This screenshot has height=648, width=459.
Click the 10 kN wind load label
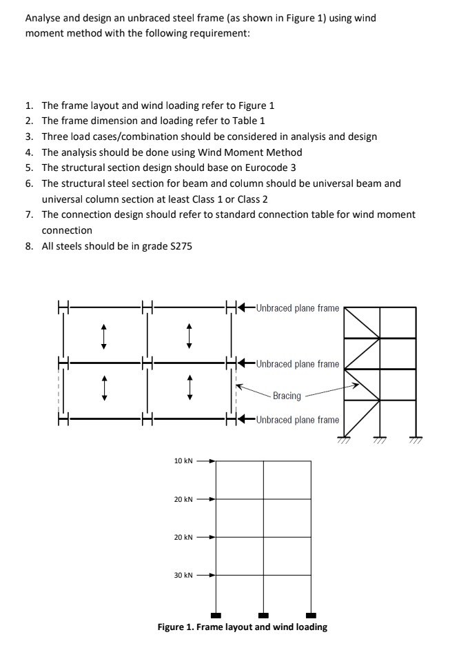[183, 460]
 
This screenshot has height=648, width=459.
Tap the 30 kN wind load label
[183, 575]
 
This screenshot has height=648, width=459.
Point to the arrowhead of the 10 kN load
[213, 460]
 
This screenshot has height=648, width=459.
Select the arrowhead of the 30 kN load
[213, 575]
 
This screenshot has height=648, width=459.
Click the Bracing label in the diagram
[287, 396]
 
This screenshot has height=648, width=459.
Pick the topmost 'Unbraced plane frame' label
[297, 308]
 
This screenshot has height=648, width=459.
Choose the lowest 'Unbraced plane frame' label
[297, 420]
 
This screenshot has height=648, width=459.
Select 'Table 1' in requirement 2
[247, 121]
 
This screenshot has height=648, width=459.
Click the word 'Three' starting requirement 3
[55, 136]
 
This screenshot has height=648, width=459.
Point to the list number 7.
[28, 214]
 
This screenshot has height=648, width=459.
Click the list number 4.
[28, 152]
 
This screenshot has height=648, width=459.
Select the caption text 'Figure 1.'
[178, 627]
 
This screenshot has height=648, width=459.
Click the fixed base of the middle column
[263, 615]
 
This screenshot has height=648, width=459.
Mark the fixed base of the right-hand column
[311, 615]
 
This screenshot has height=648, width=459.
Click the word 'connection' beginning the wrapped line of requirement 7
[67, 230]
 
